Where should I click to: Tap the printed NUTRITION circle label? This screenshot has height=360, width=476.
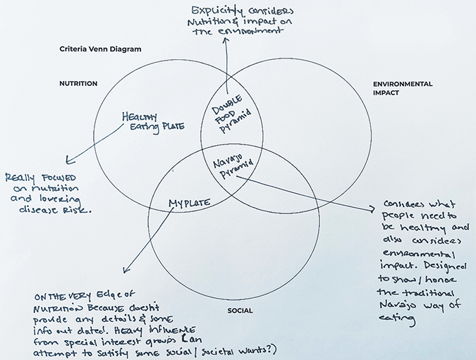(x=78, y=84)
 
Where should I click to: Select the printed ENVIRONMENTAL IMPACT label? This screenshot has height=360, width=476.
(x=402, y=88)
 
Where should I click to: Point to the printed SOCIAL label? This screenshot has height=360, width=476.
(x=240, y=310)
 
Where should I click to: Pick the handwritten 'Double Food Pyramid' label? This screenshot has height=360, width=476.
(x=230, y=112)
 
